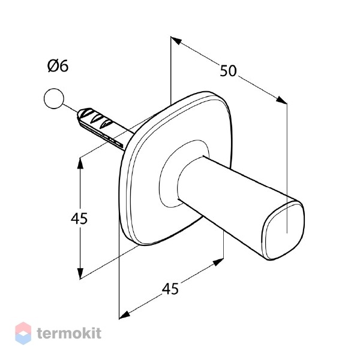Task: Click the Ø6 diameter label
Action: [x=58, y=66]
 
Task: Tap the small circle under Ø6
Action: [x=53, y=98]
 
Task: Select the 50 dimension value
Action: [x=228, y=71]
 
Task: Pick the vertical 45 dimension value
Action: [x=79, y=218]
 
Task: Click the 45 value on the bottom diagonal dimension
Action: [x=170, y=289]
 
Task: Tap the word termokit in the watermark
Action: [x=69, y=333]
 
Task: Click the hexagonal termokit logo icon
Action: [x=23, y=333]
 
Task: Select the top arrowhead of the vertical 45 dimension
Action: [x=80, y=163]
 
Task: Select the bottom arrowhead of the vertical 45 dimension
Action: [x=80, y=274]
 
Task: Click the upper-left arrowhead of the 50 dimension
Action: [x=176, y=41]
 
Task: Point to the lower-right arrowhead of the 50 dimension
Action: [x=281, y=100]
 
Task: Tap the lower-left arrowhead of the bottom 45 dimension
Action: [x=124, y=315]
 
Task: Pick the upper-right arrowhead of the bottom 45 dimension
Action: [x=218, y=262]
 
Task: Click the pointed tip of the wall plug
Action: [x=78, y=114]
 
